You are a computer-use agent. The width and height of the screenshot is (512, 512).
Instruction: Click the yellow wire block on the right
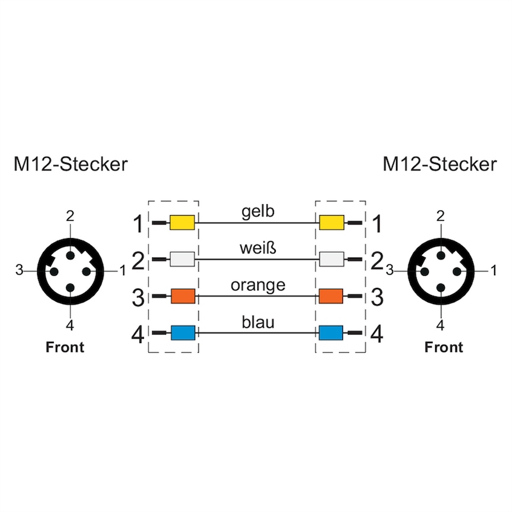click(332, 223)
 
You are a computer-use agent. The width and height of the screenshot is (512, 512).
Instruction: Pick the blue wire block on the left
click(182, 333)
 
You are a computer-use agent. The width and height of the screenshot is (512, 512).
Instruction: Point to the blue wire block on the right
click(331, 333)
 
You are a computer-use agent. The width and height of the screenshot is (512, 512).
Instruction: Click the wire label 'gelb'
click(257, 212)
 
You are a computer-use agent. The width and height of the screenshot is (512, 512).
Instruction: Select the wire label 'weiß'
click(257, 248)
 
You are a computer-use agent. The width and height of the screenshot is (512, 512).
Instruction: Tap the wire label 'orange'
click(257, 285)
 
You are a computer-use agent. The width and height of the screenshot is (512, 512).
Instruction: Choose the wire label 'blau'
click(257, 321)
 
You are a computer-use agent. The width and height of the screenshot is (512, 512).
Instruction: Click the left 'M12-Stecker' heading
click(70, 164)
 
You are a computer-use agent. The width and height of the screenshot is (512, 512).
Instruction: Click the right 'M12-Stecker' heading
click(439, 164)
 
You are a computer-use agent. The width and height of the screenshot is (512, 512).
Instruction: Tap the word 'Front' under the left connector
click(65, 348)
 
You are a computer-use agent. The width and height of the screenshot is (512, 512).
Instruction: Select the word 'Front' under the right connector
click(444, 348)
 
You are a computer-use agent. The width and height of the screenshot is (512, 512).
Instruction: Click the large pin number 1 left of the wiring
click(138, 224)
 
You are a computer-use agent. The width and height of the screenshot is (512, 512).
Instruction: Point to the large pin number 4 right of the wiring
click(378, 334)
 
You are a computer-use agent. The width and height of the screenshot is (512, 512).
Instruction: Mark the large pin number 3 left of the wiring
click(138, 298)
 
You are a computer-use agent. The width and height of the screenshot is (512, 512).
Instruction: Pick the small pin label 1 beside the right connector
click(493, 270)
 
